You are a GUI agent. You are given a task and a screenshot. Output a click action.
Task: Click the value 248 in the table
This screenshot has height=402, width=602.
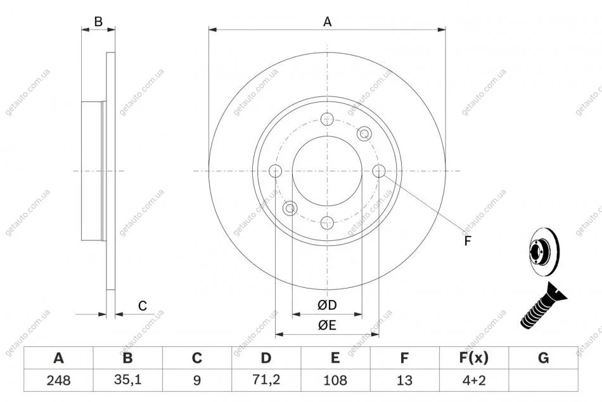58,380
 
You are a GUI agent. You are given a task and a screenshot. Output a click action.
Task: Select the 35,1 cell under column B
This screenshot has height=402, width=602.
128,380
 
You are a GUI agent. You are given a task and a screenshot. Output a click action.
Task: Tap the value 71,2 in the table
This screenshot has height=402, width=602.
266,380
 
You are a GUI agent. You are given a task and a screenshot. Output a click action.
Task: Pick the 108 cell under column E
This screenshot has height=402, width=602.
335,380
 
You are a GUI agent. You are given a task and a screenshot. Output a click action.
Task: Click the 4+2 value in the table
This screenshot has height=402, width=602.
474,380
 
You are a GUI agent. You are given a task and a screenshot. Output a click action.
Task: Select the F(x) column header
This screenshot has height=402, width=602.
474,358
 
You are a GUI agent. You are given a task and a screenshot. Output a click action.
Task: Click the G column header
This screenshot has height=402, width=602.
543,358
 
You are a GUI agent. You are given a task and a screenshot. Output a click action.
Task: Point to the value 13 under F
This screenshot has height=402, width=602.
404,380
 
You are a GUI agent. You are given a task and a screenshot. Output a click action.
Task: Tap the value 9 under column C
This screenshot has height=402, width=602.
197,380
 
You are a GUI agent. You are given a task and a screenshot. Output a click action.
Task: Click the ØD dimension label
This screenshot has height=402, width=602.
327,305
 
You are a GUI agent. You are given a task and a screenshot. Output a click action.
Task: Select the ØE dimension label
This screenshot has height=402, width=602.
327,325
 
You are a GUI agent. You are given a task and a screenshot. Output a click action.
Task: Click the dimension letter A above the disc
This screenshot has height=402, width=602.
327,22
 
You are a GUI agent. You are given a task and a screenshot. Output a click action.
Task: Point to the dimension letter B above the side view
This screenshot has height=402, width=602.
98,22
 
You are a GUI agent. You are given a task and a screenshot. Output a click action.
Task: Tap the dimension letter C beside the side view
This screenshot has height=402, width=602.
143,306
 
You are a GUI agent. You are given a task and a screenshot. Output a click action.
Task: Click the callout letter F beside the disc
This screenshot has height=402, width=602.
468,241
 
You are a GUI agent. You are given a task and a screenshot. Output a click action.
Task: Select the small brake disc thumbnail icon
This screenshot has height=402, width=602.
544,252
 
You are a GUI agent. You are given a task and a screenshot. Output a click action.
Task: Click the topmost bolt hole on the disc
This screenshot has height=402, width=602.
327,119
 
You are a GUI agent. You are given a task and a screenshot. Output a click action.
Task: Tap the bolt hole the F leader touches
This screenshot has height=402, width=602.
379,171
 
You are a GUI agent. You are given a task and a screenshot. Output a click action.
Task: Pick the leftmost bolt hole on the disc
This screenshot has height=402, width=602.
275,171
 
